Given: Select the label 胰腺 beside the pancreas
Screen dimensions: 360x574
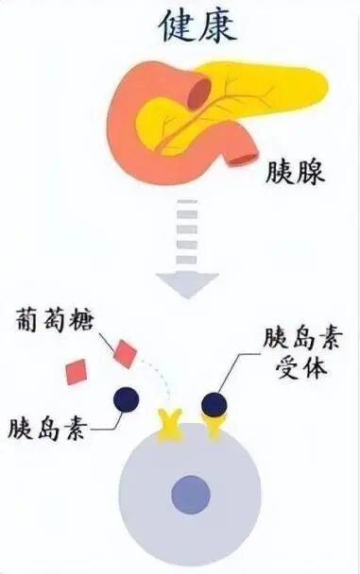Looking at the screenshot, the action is (x=297, y=172).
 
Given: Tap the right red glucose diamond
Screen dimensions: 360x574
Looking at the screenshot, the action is (x=124, y=354).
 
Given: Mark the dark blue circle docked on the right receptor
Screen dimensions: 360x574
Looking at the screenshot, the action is (x=214, y=404).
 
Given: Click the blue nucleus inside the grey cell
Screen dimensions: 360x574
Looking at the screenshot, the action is (x=189, y=493).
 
